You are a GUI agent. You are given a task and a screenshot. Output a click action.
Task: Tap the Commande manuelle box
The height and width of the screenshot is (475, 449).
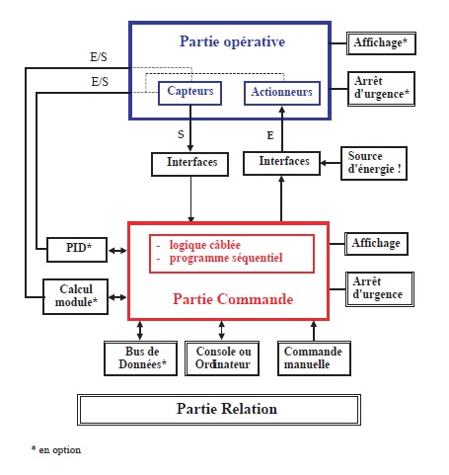[x=312, y=359]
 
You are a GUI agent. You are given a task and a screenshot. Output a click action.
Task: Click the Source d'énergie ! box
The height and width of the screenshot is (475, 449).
[x=374, y=164]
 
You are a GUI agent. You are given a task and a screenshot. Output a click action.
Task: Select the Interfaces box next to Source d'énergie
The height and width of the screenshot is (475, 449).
[x=283, y=161]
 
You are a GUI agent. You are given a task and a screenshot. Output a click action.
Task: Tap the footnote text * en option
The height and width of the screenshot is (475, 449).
[x=56, y=450]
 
